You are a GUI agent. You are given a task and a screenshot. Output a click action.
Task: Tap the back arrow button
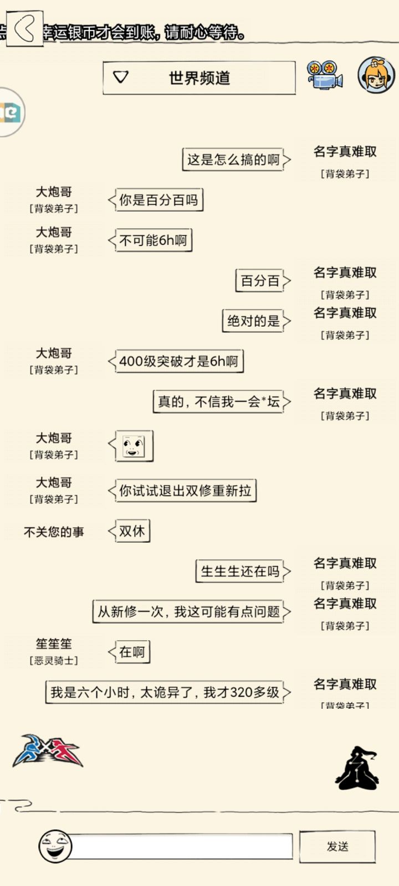(x=24, y=28)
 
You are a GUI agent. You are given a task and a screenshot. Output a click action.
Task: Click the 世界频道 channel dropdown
(x=199, y=78)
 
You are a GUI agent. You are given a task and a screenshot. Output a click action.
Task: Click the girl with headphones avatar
(x=376, y=75)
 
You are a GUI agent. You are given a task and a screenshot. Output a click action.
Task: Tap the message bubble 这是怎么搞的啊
(x=236, y=159)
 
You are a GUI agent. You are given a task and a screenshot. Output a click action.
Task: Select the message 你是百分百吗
(x=156, y=200)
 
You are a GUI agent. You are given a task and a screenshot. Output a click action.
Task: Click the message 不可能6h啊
(x=150, y=240)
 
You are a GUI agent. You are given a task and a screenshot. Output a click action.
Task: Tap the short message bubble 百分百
(x=263, y=281)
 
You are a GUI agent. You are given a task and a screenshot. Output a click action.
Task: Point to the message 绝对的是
(x=257, y=321)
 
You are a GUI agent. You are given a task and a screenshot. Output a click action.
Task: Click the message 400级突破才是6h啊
(x=176, y=361)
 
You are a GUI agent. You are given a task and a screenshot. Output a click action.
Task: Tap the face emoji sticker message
(x=131, y=446)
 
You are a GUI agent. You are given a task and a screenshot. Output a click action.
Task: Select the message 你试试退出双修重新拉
(x=182, y=491)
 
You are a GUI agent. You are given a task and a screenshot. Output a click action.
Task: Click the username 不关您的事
(x=54, y=532)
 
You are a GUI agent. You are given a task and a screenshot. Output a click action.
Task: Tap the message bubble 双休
(x=129, y=531)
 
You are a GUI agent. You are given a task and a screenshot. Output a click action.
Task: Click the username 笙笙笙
(x=54, y=644)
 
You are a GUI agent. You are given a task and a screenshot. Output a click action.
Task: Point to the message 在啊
(x=129, y=652)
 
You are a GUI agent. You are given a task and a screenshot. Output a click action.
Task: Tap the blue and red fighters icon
(x=48, y=751)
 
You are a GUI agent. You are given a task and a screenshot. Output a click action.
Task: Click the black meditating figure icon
(x=357, y=768)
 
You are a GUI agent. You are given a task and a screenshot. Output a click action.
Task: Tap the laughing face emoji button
(x=55, y=847)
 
